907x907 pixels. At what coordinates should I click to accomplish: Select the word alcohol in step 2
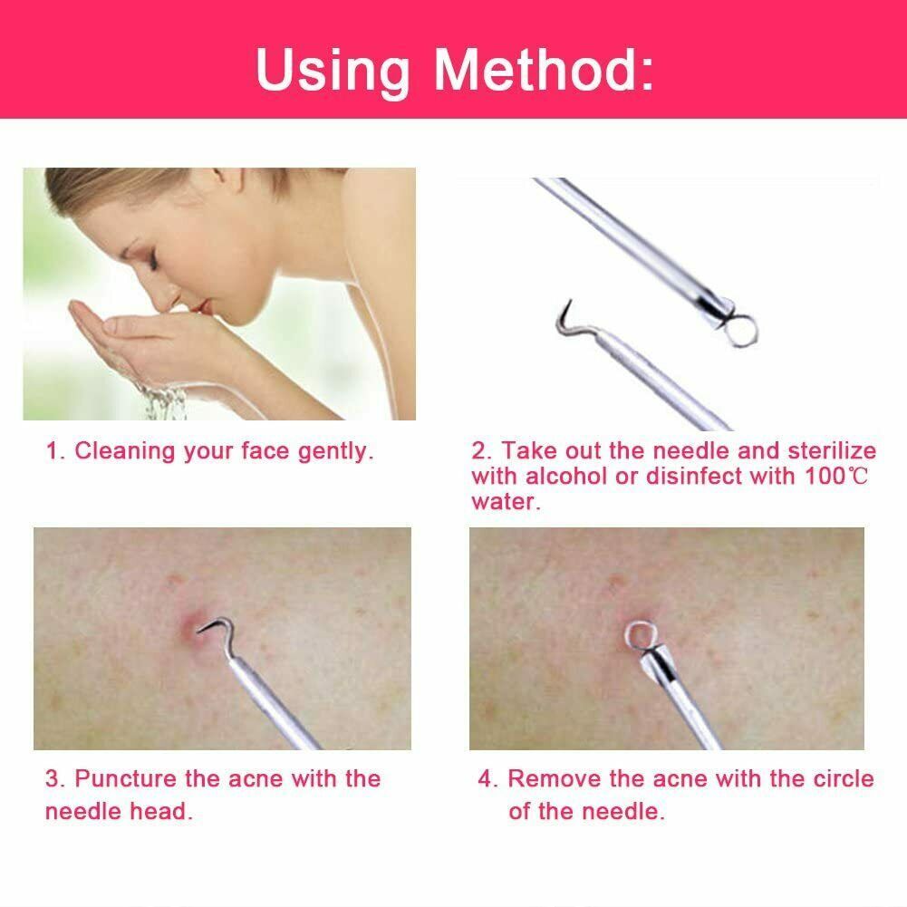(567, 477)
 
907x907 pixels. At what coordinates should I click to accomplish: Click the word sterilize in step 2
(832, 451)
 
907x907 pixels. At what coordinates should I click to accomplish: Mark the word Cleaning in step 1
(125, 451)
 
